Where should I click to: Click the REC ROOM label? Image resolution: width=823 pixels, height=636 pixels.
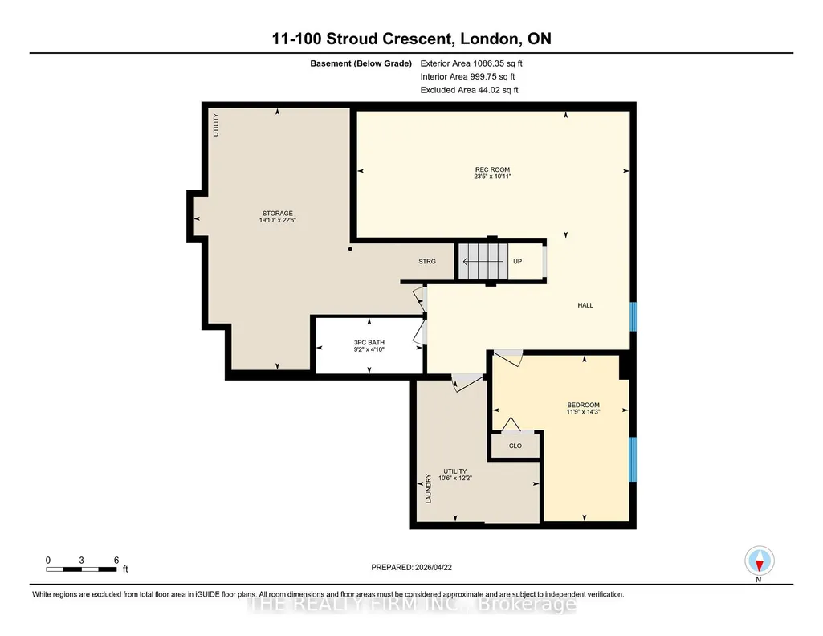click(x=492, y=169)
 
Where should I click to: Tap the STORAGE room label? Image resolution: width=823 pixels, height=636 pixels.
click(x=278, y=213)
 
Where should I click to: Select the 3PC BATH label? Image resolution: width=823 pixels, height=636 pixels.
click(x=369, y=342)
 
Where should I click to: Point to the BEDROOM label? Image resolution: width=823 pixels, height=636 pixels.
click(x=583, y=405)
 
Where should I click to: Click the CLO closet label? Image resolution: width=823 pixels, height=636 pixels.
click(x=515, y=446)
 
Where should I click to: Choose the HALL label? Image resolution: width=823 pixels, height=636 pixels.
click(x=585, y=305)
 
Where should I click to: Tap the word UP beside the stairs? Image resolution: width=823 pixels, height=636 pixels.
click(x=518, y=261)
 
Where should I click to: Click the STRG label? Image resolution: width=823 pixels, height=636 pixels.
click(x=427, y=261)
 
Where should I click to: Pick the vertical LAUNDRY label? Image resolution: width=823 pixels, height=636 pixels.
click(x=428, y=489)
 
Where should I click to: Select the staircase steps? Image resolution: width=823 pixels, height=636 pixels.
click(x=483, y=261)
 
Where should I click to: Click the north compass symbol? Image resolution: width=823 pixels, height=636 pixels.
click(x=759, y=561)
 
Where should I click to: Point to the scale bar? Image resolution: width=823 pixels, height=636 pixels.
click(x=81, y=569)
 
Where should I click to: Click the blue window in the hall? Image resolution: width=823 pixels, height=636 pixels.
click(x=633, y=316)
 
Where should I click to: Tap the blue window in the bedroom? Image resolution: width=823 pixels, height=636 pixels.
click(x=633, y=459)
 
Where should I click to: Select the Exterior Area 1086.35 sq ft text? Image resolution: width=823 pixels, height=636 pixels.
click(x=471, y=63)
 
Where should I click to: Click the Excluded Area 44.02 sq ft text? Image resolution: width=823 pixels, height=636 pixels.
click(x=469, y=90)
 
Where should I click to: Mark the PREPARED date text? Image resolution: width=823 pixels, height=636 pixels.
click(x=411, y=567)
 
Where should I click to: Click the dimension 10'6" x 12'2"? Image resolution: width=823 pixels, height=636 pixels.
click(x=455, y=478)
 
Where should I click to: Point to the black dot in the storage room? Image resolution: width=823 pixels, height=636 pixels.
click(x=350, y=249)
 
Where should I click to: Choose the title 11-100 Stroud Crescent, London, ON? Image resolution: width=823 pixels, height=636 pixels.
click(x=411, y=39)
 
